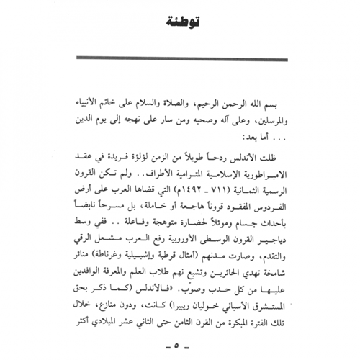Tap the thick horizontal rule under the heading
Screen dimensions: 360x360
pos(180,60)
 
